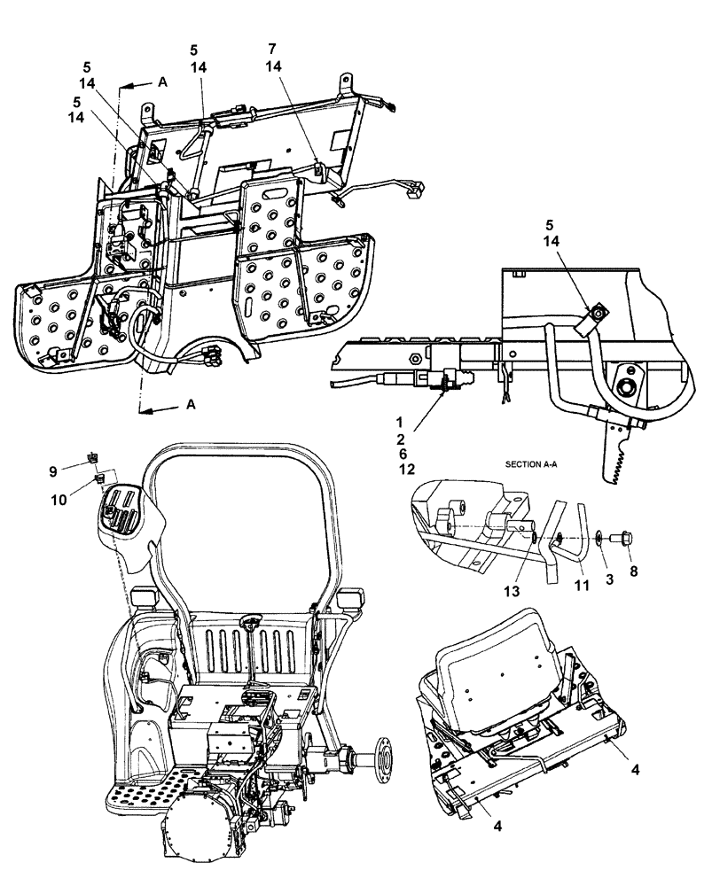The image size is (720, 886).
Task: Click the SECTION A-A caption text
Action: point(538,462)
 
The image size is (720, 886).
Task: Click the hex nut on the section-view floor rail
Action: point(414,361)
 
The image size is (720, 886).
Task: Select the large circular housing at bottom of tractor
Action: point(200,833)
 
